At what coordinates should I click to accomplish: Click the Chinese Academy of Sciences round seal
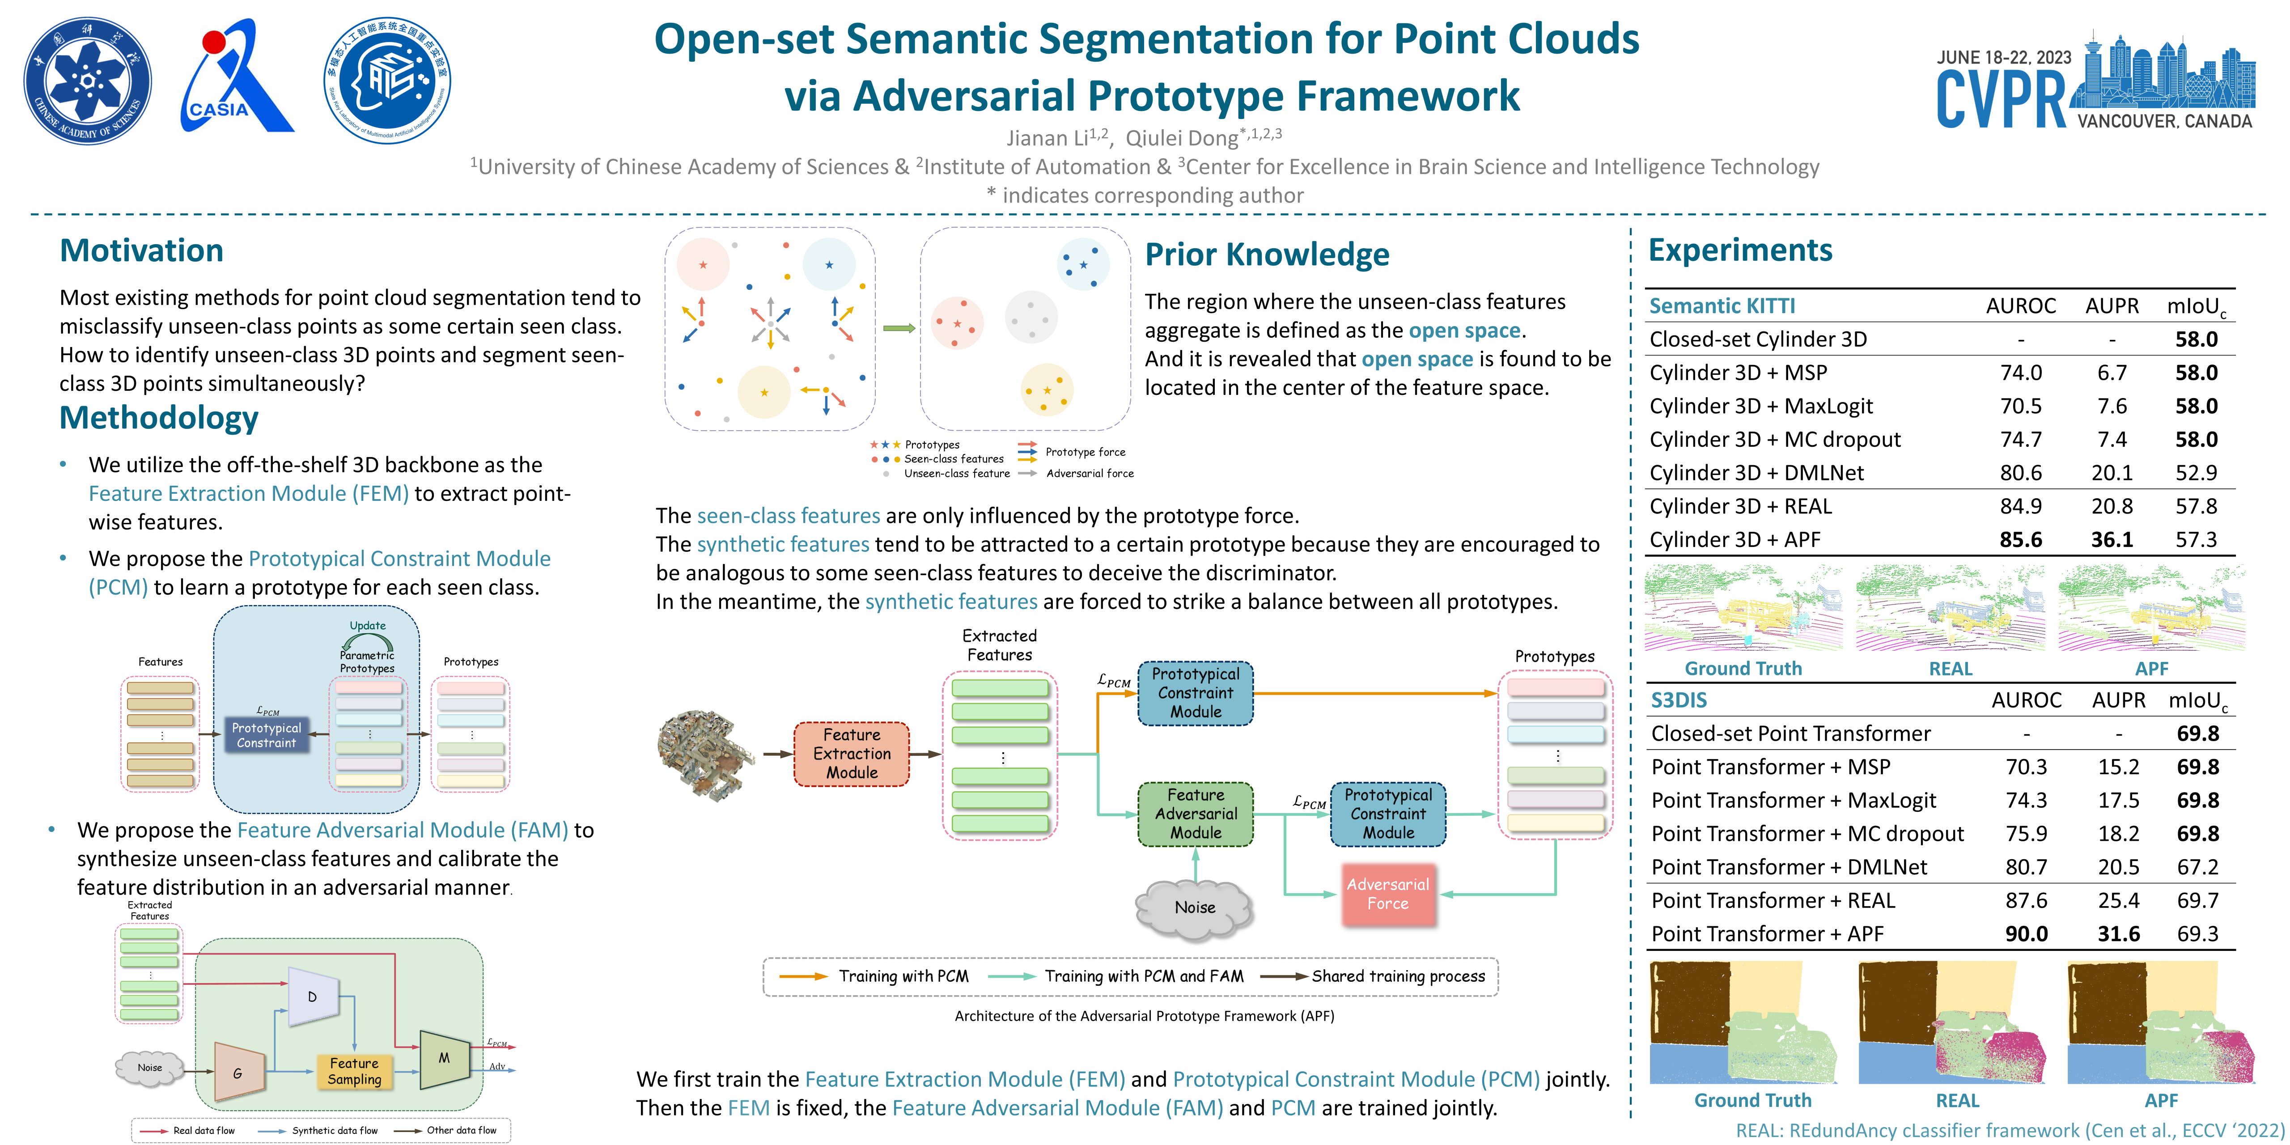pyautogui.click(x=87, y=81)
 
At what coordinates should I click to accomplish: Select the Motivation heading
pyautogui.click(x=141, y=250)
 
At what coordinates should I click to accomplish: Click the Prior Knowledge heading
pyautogui.click(x=1267, y=255)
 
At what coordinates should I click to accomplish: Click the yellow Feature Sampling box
pyautogui.click(x=354, y=1071)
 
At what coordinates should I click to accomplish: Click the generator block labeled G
pyautogui.click(x=238, y=1073)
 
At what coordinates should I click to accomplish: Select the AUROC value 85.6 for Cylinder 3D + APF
pyautogui.click(x=2021, y=539)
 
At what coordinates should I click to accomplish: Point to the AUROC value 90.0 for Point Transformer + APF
pyautogui.click(x=2026, y=934)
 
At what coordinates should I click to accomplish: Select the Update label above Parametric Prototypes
pyautogui.click(x=367, y=626)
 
